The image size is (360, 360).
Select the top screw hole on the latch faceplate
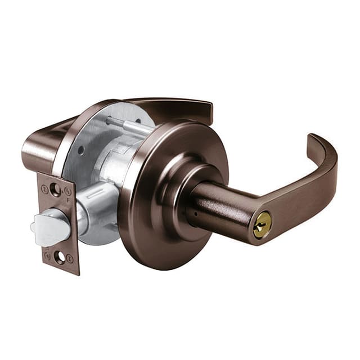click(55, 190)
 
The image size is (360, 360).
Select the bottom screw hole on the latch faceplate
click(59, 258)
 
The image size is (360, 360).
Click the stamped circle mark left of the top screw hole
click(44, 188)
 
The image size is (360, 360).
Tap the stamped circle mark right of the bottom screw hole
click(70, 259)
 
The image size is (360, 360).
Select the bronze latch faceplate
click(58, 225)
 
